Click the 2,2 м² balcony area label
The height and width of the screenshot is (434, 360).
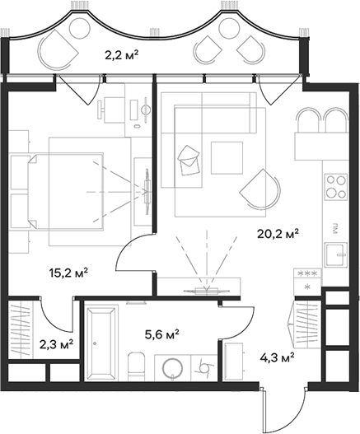(121, 56)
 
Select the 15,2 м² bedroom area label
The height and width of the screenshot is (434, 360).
(68, 272)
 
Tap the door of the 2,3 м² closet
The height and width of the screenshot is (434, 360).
(51, 317)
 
